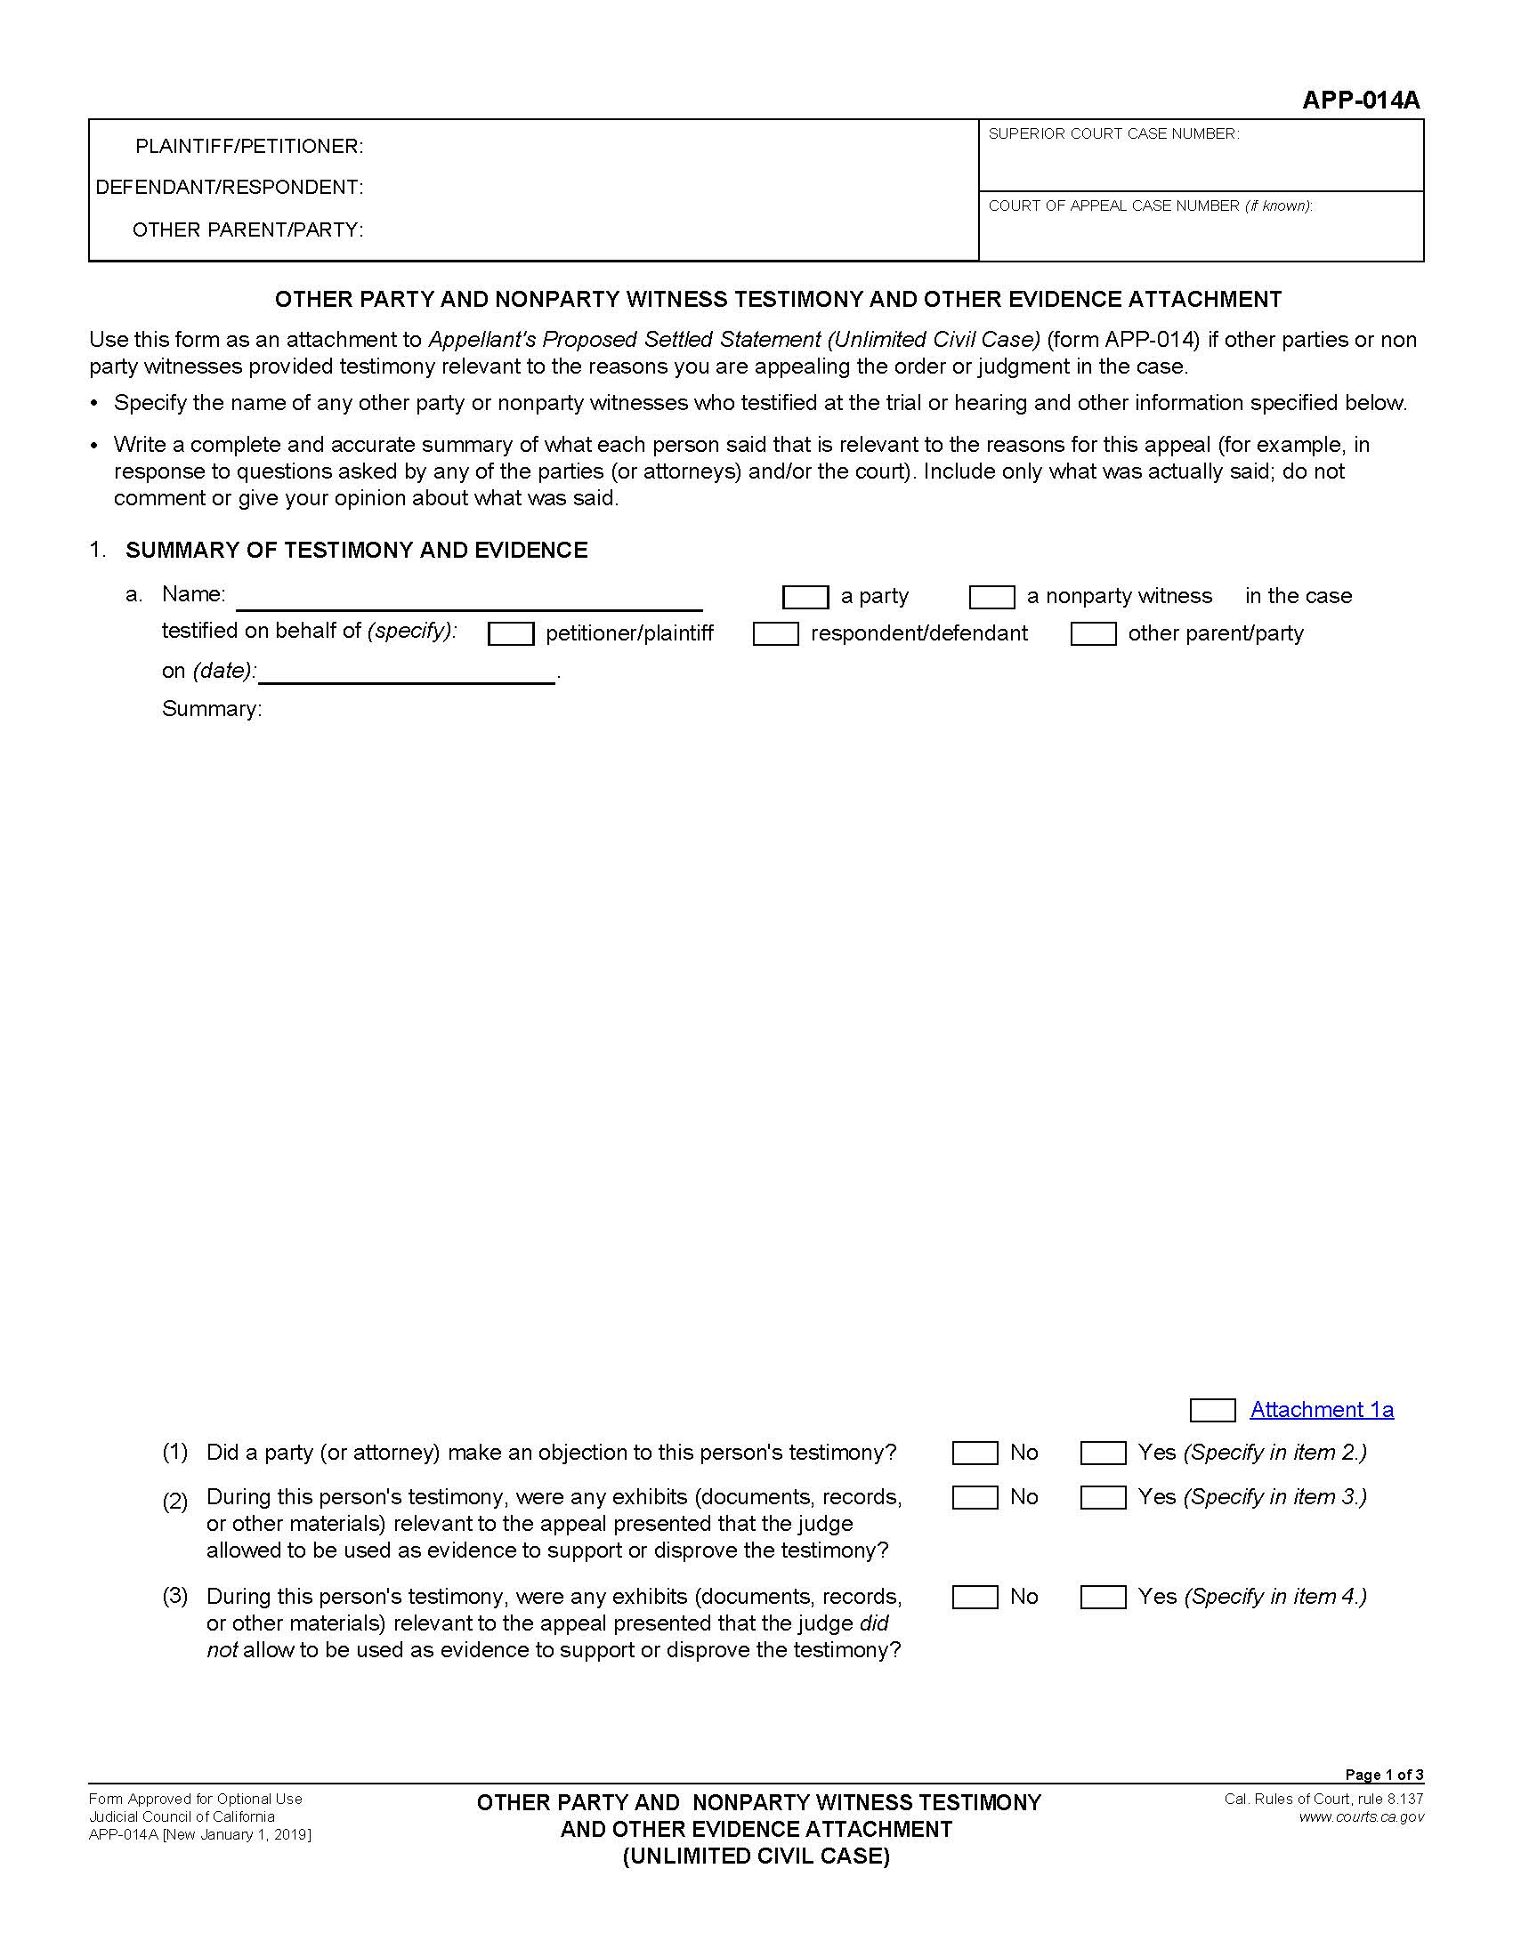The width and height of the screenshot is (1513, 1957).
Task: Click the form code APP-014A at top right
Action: (1361, 101)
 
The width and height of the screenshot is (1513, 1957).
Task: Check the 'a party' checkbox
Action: (805, 597)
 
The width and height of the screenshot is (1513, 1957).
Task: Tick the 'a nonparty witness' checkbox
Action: (991, 597)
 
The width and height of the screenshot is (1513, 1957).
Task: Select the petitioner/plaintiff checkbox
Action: (510, 634)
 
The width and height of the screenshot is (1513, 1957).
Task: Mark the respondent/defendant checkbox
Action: (775, 634)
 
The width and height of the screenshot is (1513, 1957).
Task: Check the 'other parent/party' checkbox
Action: (1093, 634)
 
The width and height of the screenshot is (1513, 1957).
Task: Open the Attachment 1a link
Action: (1321, 1410)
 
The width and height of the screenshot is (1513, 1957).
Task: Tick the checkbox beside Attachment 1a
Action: (1212, 1411)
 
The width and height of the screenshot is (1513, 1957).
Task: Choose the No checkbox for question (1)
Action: (975, 1453)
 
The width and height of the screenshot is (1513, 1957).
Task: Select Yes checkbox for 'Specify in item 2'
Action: (1103, 1453)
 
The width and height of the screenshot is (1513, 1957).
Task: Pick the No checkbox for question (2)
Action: (975, 1497)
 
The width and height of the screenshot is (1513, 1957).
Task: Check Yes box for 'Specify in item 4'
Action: (1103, 1597)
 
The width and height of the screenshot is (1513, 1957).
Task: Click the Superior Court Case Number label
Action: (1113, 133)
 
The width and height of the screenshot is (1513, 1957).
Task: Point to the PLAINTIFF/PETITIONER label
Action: (249, 146)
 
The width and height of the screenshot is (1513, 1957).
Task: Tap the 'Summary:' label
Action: (212, 709)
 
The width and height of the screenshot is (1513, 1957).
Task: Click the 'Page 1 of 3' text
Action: (1383, 1775)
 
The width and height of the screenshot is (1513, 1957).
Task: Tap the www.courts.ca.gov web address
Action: (1361, 1817)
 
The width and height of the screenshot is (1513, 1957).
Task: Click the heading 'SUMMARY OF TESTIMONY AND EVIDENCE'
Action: (356, 550)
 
